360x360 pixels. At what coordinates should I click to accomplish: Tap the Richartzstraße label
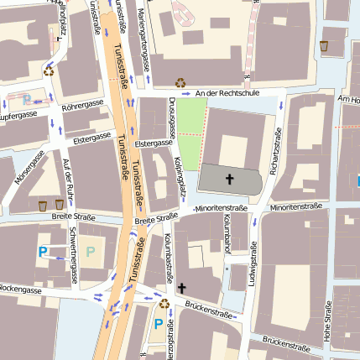pos(274,143)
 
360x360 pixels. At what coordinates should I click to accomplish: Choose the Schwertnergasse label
pos(74,254)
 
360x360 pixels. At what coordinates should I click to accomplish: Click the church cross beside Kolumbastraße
pos(182,288)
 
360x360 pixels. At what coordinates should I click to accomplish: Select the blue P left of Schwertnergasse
pos(42,251)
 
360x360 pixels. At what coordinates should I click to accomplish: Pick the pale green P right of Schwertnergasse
pos(90,251)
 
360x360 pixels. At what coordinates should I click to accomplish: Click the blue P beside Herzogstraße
pos(157,324)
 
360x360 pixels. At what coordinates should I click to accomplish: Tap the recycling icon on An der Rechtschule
pos(180,82)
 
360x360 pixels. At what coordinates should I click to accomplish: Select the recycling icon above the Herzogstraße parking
pos(163,303)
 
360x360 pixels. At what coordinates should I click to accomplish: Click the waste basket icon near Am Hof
pos(325,46)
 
